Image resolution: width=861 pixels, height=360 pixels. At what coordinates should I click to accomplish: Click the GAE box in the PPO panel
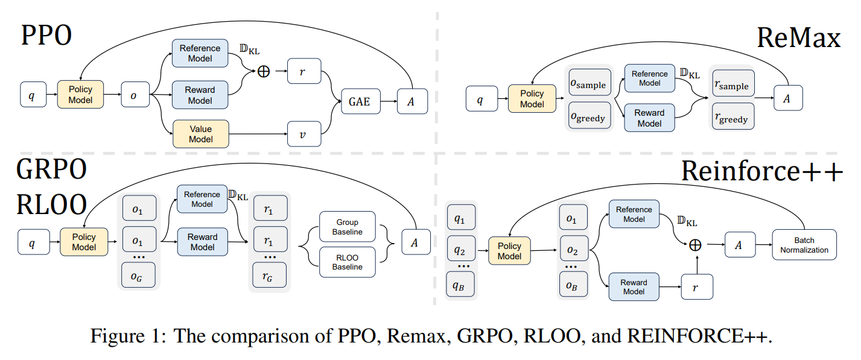360,102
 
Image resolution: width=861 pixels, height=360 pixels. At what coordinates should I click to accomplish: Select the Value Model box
201,134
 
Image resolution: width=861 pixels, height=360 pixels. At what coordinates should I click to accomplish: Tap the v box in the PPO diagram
304,134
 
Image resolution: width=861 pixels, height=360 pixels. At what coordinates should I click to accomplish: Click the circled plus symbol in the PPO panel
264,71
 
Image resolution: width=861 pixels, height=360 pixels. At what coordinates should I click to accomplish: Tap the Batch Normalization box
804,245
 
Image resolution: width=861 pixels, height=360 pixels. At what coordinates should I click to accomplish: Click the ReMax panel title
798,39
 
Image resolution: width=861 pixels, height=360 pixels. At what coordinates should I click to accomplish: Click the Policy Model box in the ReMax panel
532,99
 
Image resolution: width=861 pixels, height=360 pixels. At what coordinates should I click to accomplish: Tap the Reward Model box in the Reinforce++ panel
634,287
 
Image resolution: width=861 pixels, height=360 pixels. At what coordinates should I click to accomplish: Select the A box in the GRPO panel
413,242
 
